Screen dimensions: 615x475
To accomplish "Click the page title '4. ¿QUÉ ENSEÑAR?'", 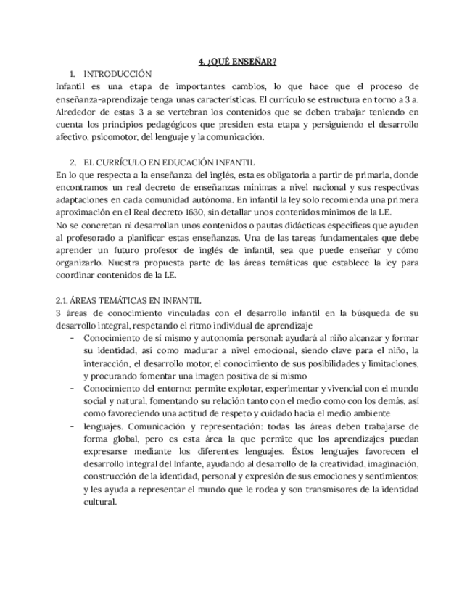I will point(237,61).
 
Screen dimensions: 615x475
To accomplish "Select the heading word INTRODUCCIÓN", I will point(117,74).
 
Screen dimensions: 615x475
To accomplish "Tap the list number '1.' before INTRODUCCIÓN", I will point(73,74).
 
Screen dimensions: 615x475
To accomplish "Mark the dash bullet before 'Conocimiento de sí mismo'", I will point(72,338).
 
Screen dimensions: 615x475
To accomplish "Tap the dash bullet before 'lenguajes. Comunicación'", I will point(72,426).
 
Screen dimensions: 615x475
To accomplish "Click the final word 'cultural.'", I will point(100,501).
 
